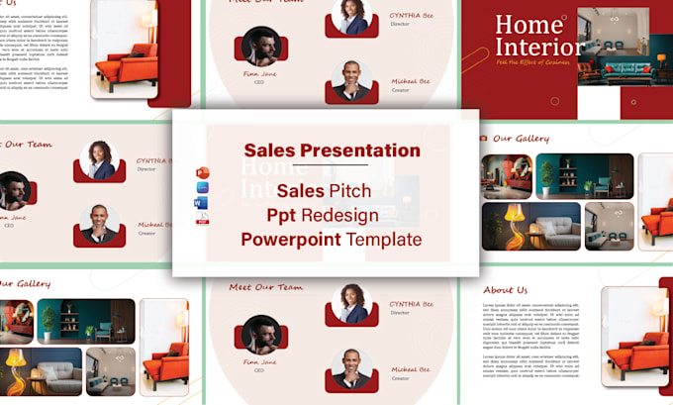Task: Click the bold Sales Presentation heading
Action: point(332,151)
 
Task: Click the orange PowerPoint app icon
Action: point(202,173)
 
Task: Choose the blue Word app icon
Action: point(202,204)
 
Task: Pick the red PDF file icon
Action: point(202,220)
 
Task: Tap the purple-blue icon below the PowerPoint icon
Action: point(202,188)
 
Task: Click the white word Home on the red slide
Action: point(528,25)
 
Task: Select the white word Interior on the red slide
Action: point(539,47)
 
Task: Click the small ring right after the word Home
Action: point(565,17)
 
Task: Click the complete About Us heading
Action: point(506,290)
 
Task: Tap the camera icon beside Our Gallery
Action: point(482,139)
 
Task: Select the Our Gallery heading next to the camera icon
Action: point(521,139)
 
